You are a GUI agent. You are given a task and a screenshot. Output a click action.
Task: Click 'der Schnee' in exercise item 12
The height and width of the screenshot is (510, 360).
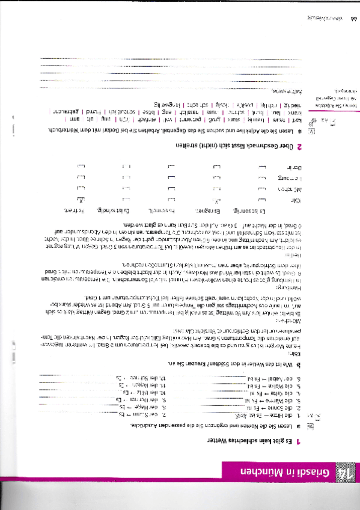tap(207, 377)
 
